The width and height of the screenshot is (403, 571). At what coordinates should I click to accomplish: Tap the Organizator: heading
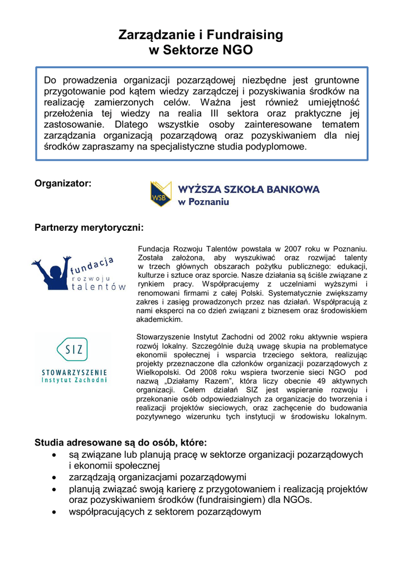(x=63, y=183)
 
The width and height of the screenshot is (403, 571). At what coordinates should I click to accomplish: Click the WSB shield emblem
(x=160, y=193)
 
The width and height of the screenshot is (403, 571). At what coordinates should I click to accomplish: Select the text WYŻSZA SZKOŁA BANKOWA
(x=249, y=189)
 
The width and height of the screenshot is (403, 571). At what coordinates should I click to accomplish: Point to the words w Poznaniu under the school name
(x=203, y=202)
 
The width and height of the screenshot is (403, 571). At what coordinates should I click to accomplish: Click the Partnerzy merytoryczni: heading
(x=89, y=228)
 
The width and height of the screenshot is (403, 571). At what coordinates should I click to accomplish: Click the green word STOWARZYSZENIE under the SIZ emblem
(x=74, y=371)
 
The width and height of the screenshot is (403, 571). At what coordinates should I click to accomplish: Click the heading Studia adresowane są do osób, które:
(x=120, y=443)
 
